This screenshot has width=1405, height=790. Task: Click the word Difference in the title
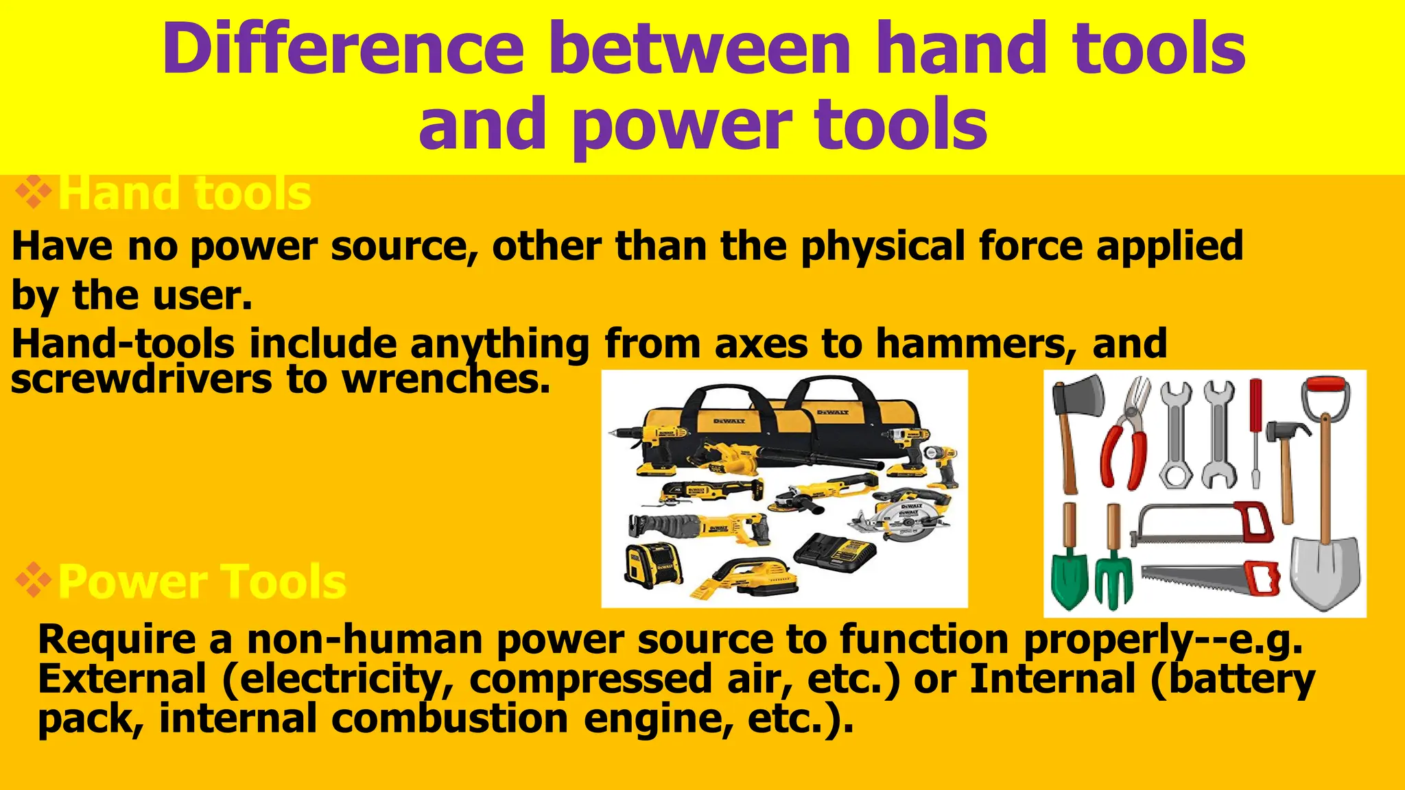point(343,49)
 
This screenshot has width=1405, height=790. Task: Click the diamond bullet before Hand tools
point(34,193)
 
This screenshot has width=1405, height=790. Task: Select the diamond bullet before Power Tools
point(34,582)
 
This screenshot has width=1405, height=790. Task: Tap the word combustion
point(449,719)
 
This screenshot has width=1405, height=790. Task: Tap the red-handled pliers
point(1125,439)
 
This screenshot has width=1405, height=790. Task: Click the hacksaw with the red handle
point(1207,525)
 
